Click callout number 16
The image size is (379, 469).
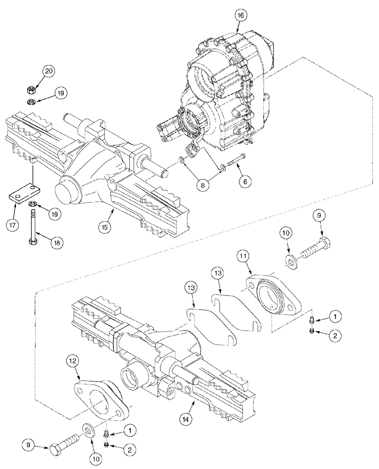[241, 15]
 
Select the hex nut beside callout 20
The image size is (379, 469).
[29, 89]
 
